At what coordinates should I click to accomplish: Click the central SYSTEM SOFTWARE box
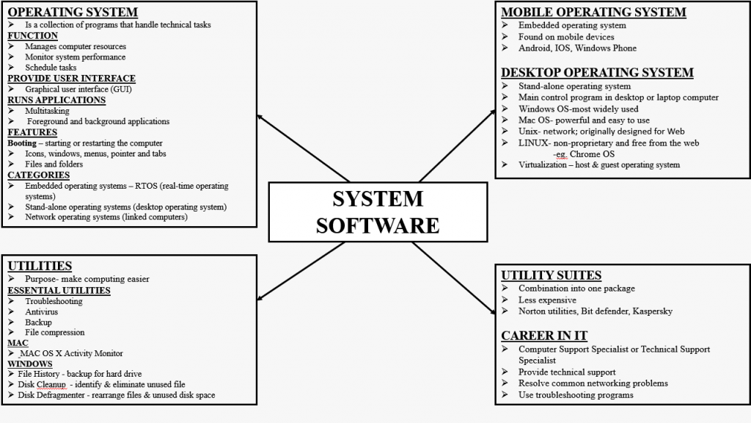378,211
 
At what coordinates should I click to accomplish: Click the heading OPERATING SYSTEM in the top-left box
73,12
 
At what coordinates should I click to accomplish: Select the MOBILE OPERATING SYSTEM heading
593,12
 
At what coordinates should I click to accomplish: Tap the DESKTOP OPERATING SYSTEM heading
597,73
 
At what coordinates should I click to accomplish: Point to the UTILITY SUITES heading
551,275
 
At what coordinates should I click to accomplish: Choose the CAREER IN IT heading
544,336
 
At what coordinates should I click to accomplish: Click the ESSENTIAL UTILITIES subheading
59,290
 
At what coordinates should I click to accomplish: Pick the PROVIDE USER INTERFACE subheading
71,79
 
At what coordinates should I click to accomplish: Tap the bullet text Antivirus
42,312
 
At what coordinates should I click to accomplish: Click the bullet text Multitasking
47,111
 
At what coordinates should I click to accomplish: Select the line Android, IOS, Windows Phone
577,48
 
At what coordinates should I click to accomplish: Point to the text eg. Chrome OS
584,154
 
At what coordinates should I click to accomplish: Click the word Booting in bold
22,143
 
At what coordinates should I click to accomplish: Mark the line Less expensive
547,300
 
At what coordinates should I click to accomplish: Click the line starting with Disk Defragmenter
116,396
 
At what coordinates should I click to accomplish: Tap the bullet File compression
54,333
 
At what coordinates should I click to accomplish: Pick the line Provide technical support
567,372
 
